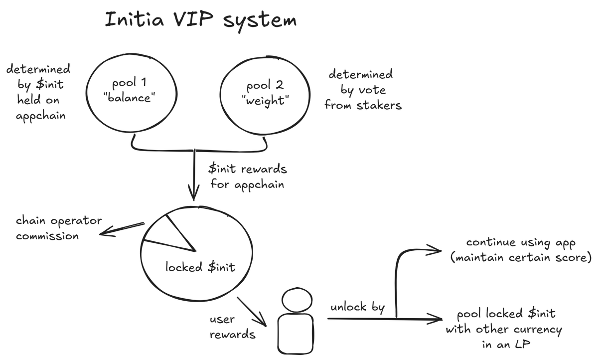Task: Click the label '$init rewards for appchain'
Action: click(248, 177)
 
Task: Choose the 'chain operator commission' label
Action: click(59, 228)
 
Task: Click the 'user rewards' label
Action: click(232, 327)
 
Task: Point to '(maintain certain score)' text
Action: click(521, 258)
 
